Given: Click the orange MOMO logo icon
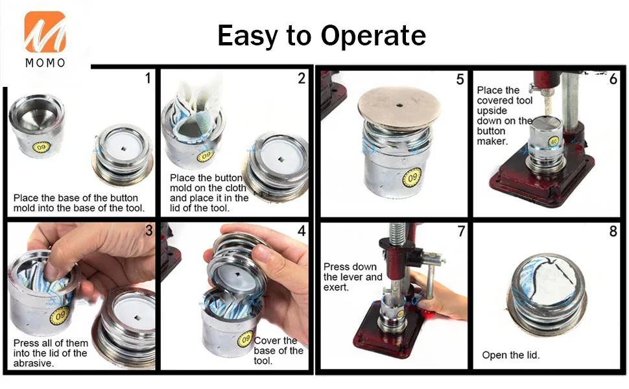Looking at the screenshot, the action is tap(45, 32).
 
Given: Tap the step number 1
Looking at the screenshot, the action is tap(148, 78).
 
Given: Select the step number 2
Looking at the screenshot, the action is tap(302, 78).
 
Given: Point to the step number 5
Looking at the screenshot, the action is tap(460, 79).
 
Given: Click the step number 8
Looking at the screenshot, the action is tap(613, 231).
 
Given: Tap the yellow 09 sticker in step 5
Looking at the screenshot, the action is tap(412, 178).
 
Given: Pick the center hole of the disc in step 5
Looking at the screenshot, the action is tap(399, 106).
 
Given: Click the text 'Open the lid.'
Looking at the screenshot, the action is tap(511, 355).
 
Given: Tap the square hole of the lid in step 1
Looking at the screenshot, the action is tap(124, 148).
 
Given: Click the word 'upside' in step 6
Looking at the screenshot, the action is tap(492, 111).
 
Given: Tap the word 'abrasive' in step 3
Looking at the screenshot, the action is tap(33, 363).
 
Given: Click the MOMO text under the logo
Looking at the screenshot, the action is tap(45, 63).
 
